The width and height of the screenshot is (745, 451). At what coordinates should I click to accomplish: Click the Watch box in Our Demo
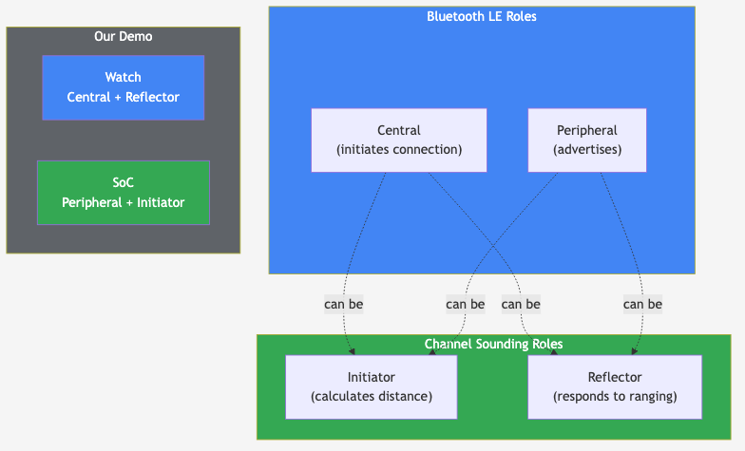coord(123,87)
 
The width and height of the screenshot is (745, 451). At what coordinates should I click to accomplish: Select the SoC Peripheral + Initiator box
coord(123,192)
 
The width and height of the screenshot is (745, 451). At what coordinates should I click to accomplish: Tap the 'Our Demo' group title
coord(123,36)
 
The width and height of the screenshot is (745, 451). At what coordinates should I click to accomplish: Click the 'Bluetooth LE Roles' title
coord(481,16)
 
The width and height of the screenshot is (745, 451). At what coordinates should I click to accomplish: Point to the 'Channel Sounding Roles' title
coord(493,344)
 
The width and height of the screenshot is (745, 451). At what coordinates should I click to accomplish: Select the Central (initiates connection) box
coord(398,140)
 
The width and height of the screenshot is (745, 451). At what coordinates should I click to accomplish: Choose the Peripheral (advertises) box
coord(586,140)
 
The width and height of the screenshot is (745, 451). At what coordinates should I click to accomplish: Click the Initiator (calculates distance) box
coord(371,386)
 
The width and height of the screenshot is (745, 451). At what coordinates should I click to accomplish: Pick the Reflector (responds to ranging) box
coord(614,386)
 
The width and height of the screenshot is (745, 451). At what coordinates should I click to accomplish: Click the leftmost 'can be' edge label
coord(343,305)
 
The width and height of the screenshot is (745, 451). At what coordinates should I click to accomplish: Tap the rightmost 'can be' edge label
coord(642,305)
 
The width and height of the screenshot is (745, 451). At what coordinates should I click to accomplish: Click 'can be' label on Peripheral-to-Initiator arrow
coord(465,305)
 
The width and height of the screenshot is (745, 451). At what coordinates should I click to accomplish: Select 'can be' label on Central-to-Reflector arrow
coord(521,305)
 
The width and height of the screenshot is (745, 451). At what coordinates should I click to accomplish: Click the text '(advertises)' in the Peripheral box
coord(586,149)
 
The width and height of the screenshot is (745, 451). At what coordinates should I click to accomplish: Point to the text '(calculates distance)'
coord(371,396)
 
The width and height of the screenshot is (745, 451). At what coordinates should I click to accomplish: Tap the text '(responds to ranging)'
coord(614,396)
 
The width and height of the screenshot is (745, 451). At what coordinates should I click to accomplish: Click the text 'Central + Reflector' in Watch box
coord(123,97)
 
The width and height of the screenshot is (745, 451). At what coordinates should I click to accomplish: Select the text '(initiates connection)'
coord(398,149)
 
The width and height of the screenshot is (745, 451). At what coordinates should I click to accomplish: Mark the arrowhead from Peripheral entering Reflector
coord(635,351)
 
